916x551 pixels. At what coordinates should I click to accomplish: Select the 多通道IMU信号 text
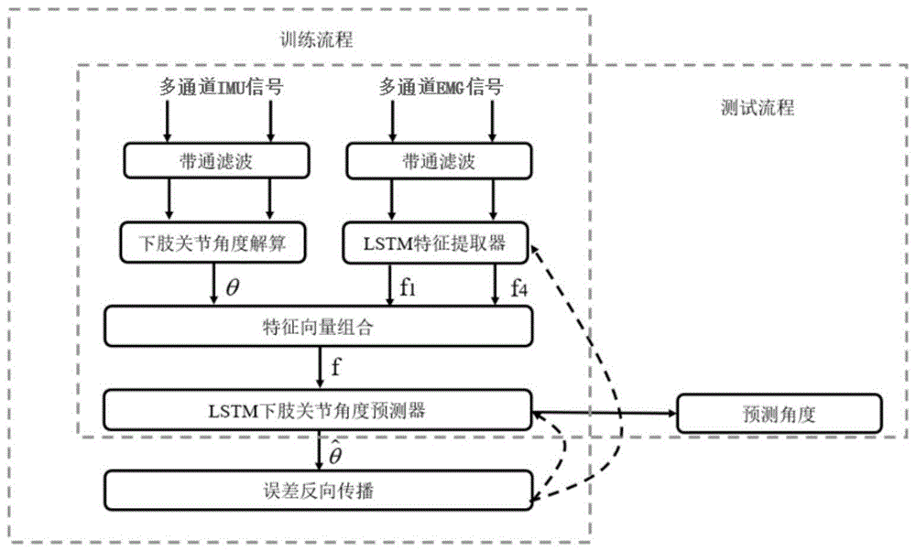pyautogui.click(x=218, y=88)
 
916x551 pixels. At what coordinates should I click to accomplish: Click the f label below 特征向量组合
pyautogui.click(x=336, y=368)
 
